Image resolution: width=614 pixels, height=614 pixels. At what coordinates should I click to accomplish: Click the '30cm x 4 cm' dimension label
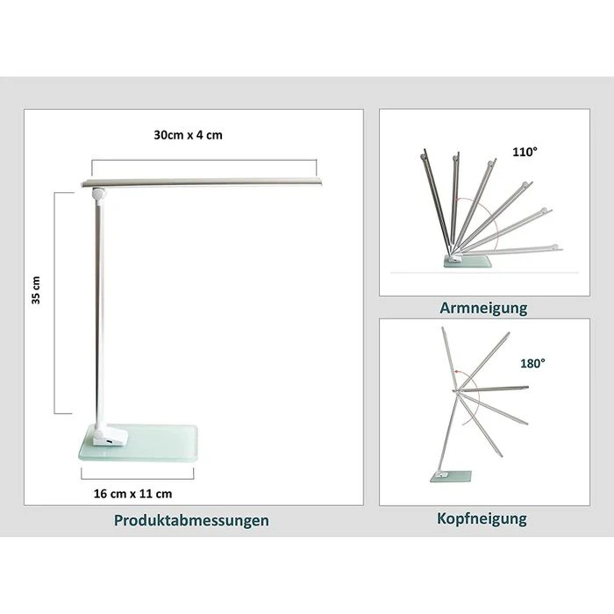coord(188,135)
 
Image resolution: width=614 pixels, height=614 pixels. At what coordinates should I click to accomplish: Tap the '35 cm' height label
coord(36,290)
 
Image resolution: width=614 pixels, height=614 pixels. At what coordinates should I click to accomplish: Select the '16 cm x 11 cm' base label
coord(132,494)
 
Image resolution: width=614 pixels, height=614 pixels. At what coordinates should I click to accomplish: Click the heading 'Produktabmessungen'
coord(191,520)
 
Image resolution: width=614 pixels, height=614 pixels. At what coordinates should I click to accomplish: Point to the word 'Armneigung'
coord(483,308)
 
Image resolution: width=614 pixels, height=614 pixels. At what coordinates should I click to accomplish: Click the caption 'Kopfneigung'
coord(482,518)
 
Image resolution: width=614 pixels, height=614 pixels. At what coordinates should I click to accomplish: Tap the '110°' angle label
coord(525,152)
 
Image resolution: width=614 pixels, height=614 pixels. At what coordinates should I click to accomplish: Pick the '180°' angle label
coord(532,363)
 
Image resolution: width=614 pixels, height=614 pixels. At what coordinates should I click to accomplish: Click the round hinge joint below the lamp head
coord(98,194)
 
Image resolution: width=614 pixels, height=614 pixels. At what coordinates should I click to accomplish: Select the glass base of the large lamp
coord(139,442)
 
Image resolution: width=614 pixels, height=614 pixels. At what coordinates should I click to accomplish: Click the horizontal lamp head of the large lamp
coord(202,182)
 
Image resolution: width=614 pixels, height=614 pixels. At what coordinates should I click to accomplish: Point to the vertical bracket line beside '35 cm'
coord(54,303)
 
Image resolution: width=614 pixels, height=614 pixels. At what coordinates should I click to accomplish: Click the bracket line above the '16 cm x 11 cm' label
coord(138,479)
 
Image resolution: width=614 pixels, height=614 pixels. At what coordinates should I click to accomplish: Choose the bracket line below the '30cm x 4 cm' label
coord(204,161)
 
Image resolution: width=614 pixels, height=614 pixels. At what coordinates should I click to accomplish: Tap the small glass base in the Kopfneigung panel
coord(451,476)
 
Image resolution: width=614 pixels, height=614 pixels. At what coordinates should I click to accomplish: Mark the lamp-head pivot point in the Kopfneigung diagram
coord(456,390)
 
